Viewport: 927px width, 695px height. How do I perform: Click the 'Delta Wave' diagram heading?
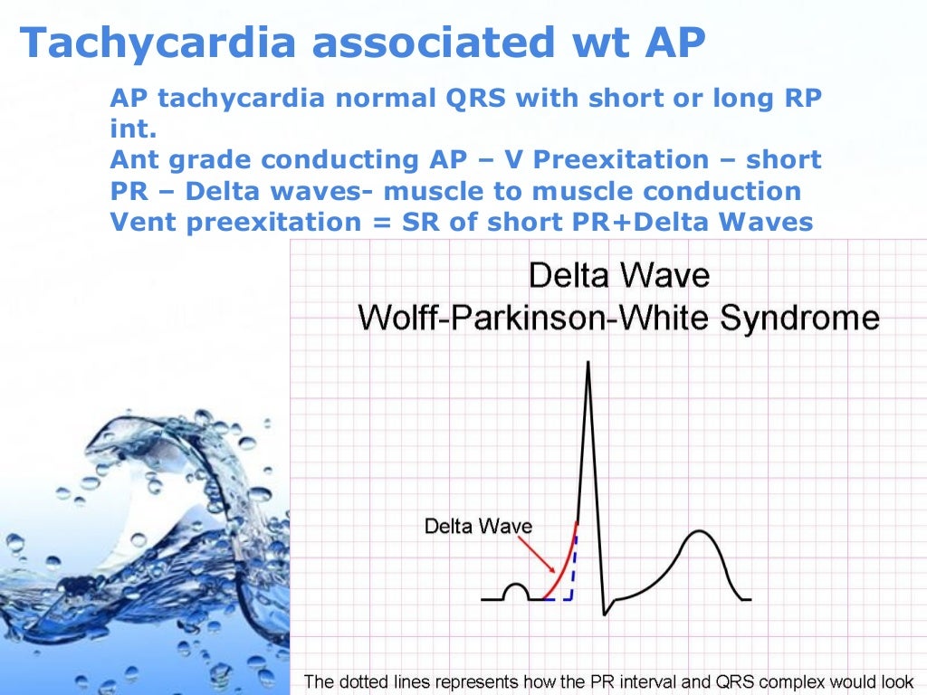pos(618,275)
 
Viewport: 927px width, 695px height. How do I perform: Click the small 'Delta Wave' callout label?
pos(478,527)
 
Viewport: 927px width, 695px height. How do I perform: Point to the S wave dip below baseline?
pos(605,612)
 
